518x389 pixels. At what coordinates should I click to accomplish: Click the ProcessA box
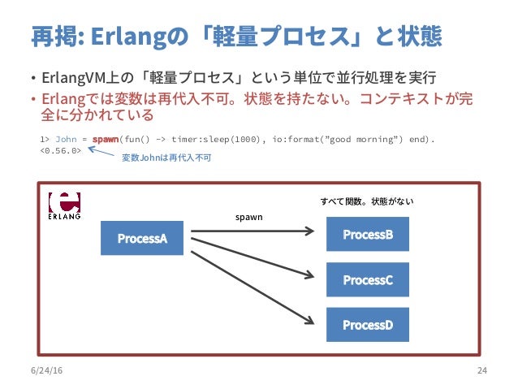click(x=142, y=238)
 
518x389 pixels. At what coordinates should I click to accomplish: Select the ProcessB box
click(x=367, y=234)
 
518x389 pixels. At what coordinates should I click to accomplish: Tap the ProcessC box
click(x=367, y=279)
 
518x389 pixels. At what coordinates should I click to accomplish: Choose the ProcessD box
click(x=367, y=324)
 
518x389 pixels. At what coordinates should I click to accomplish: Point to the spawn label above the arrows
click(x=248, y=218)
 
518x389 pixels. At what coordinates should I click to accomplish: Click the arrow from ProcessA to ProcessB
click(x=252, y=231)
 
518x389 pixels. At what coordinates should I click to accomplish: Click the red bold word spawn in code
click(x=106, y=139)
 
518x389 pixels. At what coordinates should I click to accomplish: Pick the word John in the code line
click(x=66, y=139)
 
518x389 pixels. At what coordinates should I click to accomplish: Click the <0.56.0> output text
click(x=60, y=149)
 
